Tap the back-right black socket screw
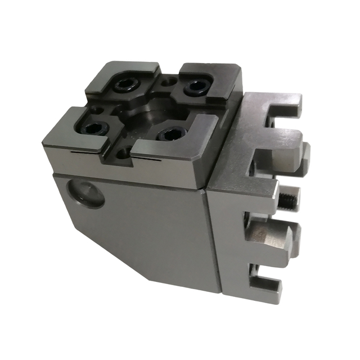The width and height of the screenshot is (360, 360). (x=195, y=87)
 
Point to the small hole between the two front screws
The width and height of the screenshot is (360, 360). (x=125, y=151)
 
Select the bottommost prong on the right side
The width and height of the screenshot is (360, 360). (x=264, y=287)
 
